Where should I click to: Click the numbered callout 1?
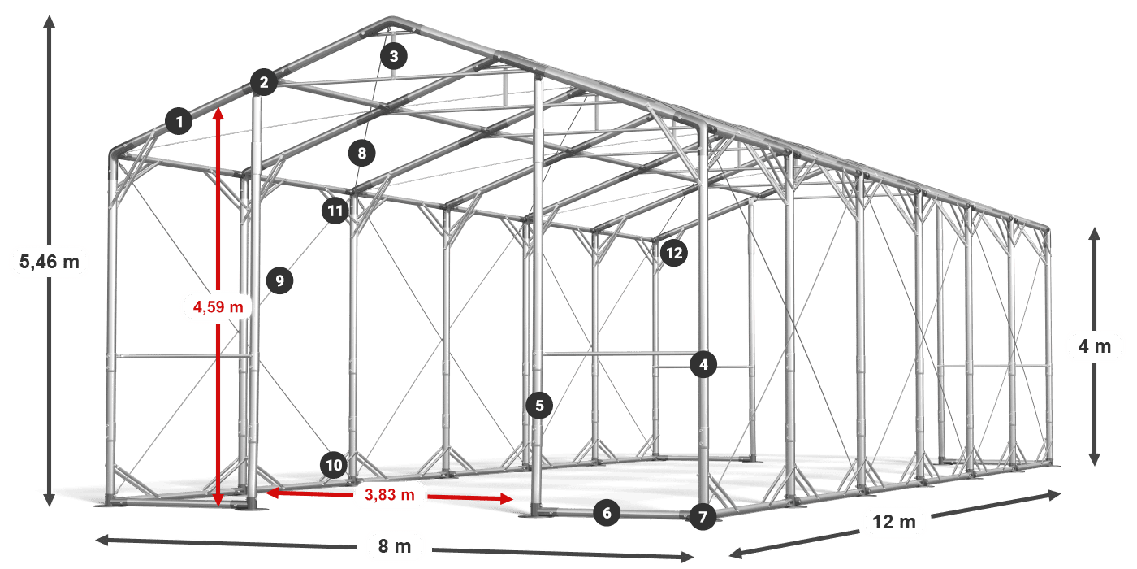(179, 121)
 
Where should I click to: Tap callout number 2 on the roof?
(264, 82)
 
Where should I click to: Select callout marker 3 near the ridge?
(394, 56)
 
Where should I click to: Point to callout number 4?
(703, 364)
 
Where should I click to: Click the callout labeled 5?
(539, 406)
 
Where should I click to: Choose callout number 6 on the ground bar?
(607, 513)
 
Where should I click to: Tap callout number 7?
(703, 517)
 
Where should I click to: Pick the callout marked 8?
(362, 153)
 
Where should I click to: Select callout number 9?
(279, 280)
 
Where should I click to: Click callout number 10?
(334, 465)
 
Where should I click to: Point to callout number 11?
(335, 211)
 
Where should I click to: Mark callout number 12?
(674, 253)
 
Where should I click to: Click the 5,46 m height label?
(50, 262)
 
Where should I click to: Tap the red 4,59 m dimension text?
(218, 306)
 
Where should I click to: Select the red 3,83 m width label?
(390, 494)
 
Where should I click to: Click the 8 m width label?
(395, 546)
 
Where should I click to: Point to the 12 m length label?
(894, 522)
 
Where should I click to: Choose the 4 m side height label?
(1095, 346)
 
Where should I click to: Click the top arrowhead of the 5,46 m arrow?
(50, 21)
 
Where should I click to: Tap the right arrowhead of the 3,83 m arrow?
(507, 499)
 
